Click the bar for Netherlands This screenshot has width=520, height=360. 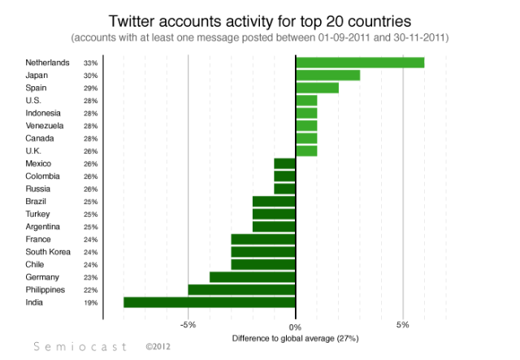click(360, 63)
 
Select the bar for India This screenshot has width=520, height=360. click(210, 302)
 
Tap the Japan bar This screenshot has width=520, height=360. click(327, 76)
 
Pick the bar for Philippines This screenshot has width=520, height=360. click(241, 289)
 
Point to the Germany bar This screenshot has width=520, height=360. click(253, 277)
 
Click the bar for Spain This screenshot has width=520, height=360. click(317, 88)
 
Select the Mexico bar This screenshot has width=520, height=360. click(284, 163)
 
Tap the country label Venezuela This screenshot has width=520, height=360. click(45, 126)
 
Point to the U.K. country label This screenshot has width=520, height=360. click(35, 151)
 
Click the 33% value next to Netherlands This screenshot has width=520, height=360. click(90, 63)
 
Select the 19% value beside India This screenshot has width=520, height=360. click(90, 303)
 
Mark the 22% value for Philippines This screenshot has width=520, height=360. click(90, 290)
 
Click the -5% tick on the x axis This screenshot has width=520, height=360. click(188, 326)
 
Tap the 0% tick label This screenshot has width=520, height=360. click(296, 326)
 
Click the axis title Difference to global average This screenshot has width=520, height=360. click(295, 337)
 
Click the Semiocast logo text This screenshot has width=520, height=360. click(81, 346)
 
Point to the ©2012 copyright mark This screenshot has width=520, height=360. click(159, 346)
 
